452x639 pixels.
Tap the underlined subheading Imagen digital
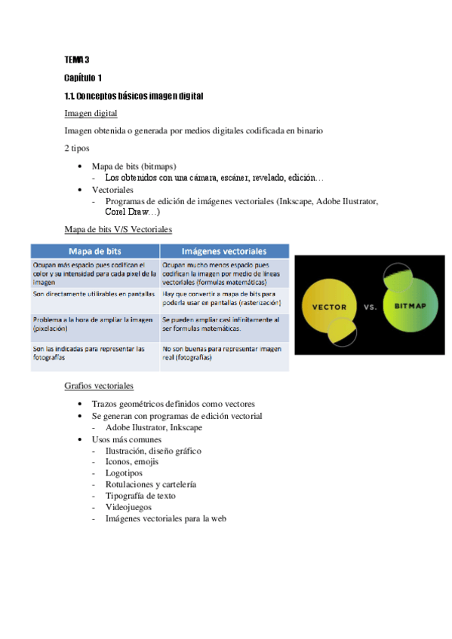point(91,113)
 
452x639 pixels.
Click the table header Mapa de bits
point(95,251)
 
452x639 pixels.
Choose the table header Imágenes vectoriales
point(224,251)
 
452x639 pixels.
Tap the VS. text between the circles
point(371,307)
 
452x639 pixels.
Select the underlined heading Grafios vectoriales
point(99,386)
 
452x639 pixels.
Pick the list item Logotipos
point(124,473)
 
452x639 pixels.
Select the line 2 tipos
point(77,148)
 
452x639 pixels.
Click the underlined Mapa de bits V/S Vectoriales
point(118,228)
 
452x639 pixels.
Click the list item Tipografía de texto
point(140,496)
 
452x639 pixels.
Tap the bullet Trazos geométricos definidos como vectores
point(173,403)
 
